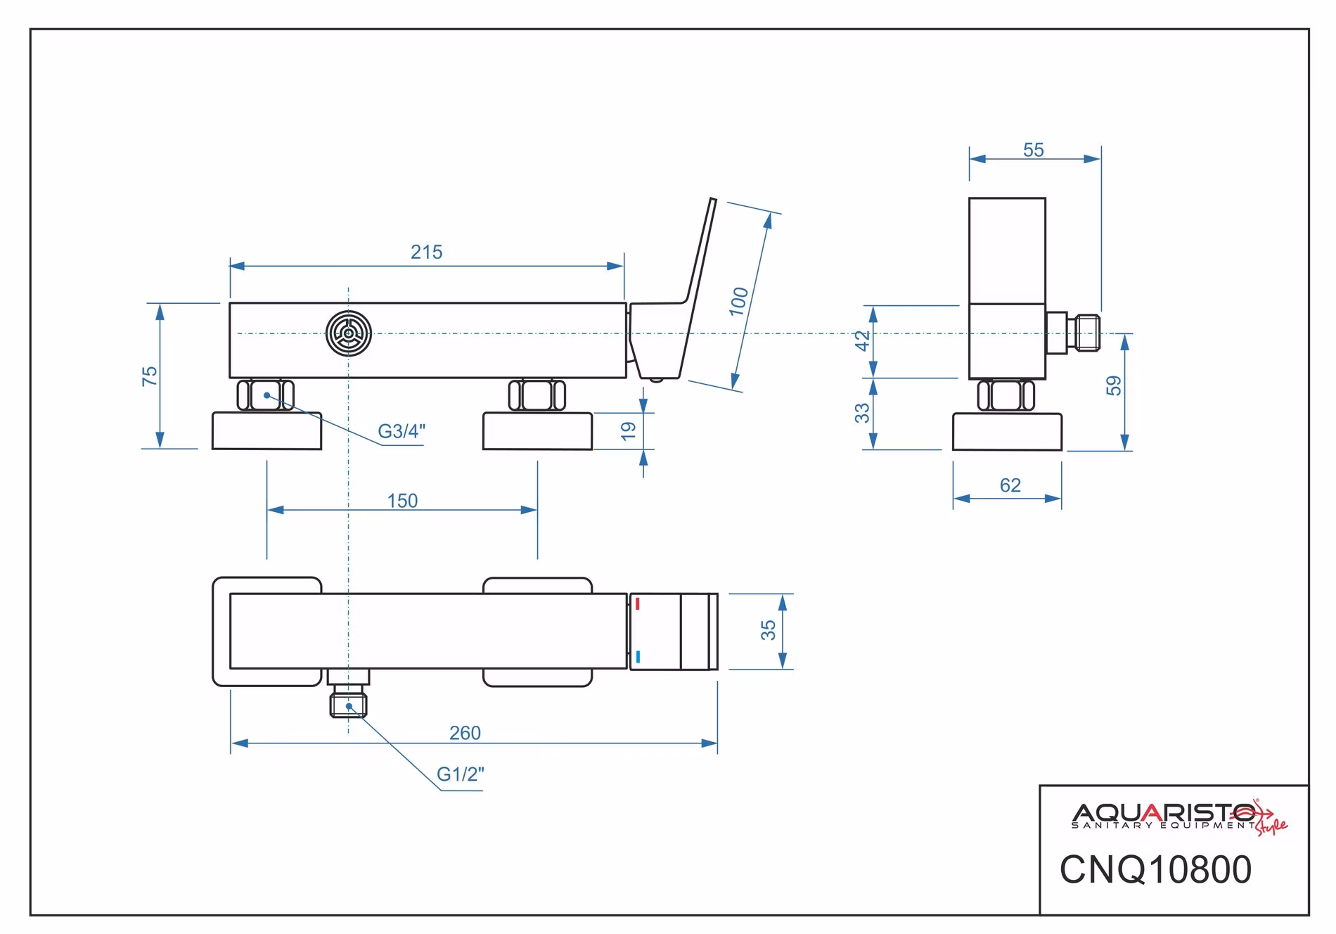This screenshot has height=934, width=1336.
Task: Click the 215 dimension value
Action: pos(427,252)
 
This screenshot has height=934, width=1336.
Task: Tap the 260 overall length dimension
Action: pos(465,733)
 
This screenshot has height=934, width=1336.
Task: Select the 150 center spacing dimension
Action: pos(402,501)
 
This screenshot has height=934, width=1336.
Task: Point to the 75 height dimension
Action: pos(150,376)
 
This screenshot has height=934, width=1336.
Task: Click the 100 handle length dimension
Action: pos(739,302)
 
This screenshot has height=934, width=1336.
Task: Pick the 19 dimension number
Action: pos(629,430)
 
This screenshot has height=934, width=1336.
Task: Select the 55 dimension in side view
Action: pos(1034,150)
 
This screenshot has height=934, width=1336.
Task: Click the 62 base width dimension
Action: pos(1010,485)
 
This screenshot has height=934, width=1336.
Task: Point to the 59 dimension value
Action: pos(1114,385)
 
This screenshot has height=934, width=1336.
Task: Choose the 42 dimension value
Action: pos(863,340)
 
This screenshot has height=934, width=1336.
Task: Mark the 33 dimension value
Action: pos(863,413)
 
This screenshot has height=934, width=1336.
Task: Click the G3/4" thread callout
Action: pos(402,431)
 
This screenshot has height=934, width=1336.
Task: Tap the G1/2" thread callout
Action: pos(461,774)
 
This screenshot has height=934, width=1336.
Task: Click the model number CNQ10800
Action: pos(1156,869)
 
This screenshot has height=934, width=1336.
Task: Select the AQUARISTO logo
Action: pos(1179,817)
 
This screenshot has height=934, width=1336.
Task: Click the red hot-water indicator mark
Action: pos(638,604)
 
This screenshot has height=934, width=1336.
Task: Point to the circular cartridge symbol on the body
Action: pos(349,333)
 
